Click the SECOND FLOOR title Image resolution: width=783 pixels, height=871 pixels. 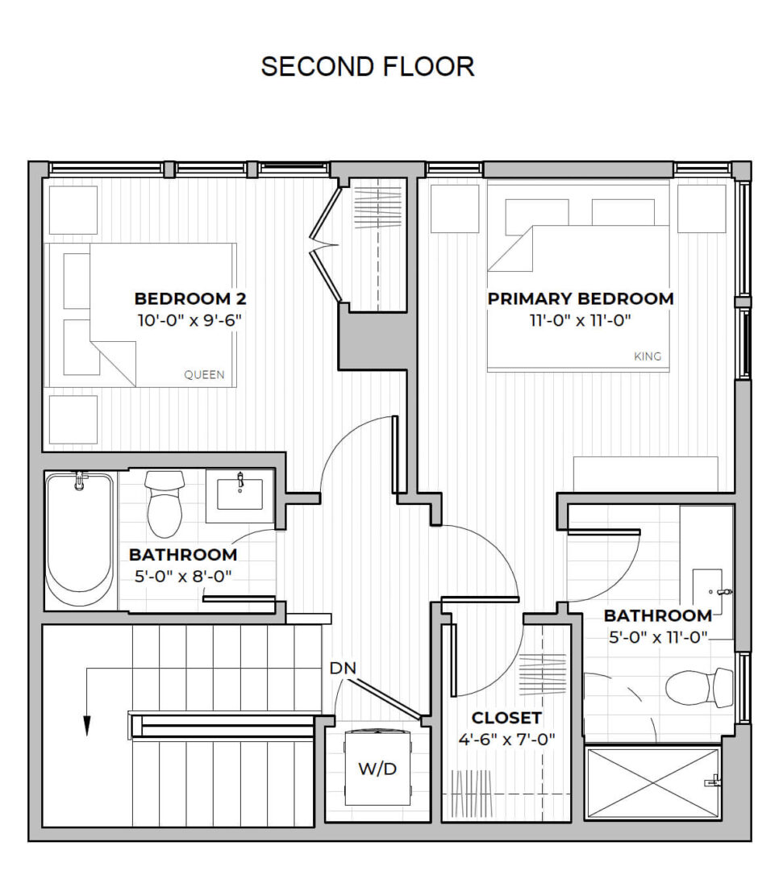coord(368,67)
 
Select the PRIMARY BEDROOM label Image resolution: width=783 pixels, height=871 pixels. coord(581,298)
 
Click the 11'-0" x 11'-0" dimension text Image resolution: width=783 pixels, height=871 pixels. coord(580,320)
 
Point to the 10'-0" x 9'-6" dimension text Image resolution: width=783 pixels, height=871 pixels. coord(190,320)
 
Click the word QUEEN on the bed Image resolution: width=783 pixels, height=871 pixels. coord(204,375)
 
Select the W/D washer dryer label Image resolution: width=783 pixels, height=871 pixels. coord(377,769)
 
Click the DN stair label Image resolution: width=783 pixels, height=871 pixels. coord(344,669)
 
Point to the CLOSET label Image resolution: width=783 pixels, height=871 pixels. coord(506,718)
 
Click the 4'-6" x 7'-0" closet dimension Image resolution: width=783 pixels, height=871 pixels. coord(506,739)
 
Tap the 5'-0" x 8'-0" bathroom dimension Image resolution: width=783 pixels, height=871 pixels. coord(183,577)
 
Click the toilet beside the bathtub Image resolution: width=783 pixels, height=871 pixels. coord(165,504)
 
